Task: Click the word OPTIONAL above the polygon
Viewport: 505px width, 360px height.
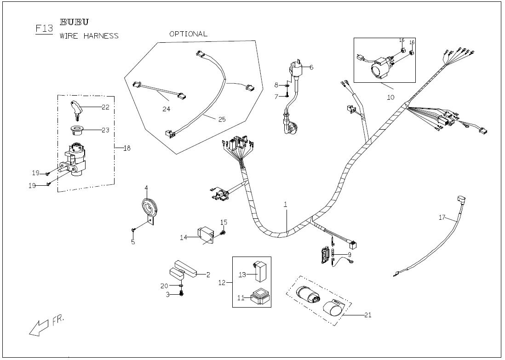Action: coord(188,34)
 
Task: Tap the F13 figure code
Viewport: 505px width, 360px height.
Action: coord(44,29)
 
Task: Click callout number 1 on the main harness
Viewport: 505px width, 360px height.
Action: coord(285,204)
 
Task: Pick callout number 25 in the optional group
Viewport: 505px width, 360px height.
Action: coord(222,119)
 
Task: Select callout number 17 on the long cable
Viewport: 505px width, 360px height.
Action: coord(442,217)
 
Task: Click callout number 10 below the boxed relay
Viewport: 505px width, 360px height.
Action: coord(390,97)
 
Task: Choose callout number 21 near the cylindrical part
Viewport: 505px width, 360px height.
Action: coord(367,315)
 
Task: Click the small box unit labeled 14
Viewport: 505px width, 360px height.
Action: coord(205,234)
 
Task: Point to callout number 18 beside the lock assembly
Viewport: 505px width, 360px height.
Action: coord(127,148)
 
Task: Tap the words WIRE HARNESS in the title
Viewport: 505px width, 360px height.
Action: coord(89,36)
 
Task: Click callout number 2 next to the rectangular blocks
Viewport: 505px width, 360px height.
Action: coord(208,275)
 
